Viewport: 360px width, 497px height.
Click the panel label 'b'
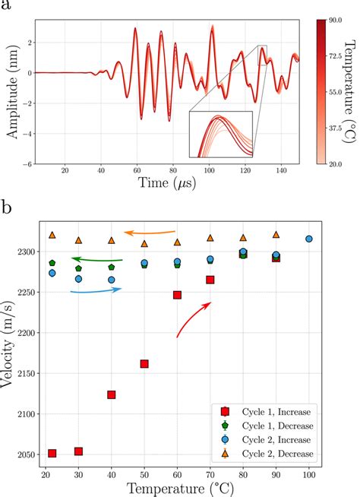pos(8,206)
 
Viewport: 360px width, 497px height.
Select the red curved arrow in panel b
pos(192,318)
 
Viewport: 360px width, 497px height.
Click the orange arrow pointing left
pos(150,233)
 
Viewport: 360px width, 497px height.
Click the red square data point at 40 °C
pos(112,394)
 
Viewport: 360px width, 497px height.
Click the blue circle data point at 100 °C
pos(309,239)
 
